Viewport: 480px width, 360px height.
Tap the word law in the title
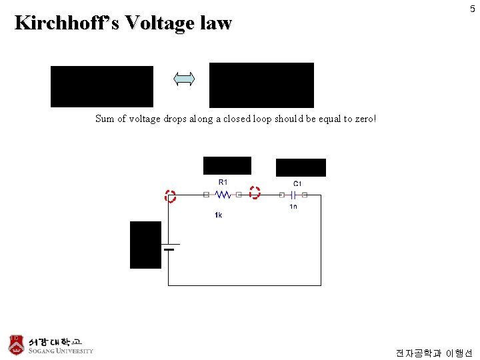tap(215, 23)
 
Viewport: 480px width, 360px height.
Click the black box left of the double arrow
tap(101, 87)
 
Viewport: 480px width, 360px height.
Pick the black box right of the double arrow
tap(261, 85)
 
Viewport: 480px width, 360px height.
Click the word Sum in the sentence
tap(105, 119)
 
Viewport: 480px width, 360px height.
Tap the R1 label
tap(223, 182)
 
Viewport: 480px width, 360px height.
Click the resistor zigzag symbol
tap(222, 195)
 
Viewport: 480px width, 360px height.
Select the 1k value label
tap(218, 215)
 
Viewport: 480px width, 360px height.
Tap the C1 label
tap(297, 183)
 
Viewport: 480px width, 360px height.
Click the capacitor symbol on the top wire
tap(293, 195)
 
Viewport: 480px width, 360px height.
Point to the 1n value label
tap(293, 207)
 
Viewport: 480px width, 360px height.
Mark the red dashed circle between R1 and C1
tap(255, 193)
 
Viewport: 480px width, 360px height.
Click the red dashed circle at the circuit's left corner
tap(170, 196)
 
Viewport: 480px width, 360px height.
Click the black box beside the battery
tap(145, 245)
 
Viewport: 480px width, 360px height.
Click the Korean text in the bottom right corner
tap(433, 352)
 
